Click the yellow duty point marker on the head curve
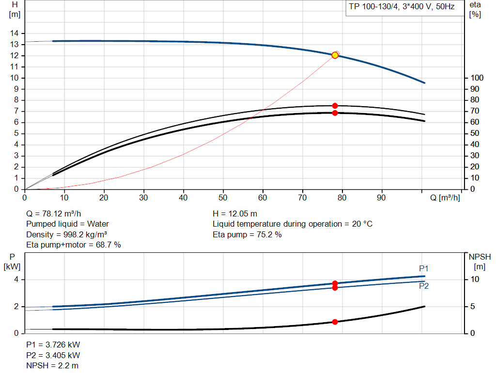[x=335, y=55]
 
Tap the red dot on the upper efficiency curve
[x=335, y=106]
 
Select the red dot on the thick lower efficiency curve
[x=335, y=113]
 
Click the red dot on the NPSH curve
[x=335, y=322]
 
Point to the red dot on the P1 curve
[x=335, y=283]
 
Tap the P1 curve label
[x=424, y=268]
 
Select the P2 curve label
[x=424, y=286]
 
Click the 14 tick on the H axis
[x=15, y=33]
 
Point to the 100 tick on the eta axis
[x=477, y=78]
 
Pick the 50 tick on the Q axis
[x=223, y=198]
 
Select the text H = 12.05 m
[x=235, y=214]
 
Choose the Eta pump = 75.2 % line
[x=247, y=235]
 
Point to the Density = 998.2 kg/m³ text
[x=66, y=235]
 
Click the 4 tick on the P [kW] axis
[x=16, y=280]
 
